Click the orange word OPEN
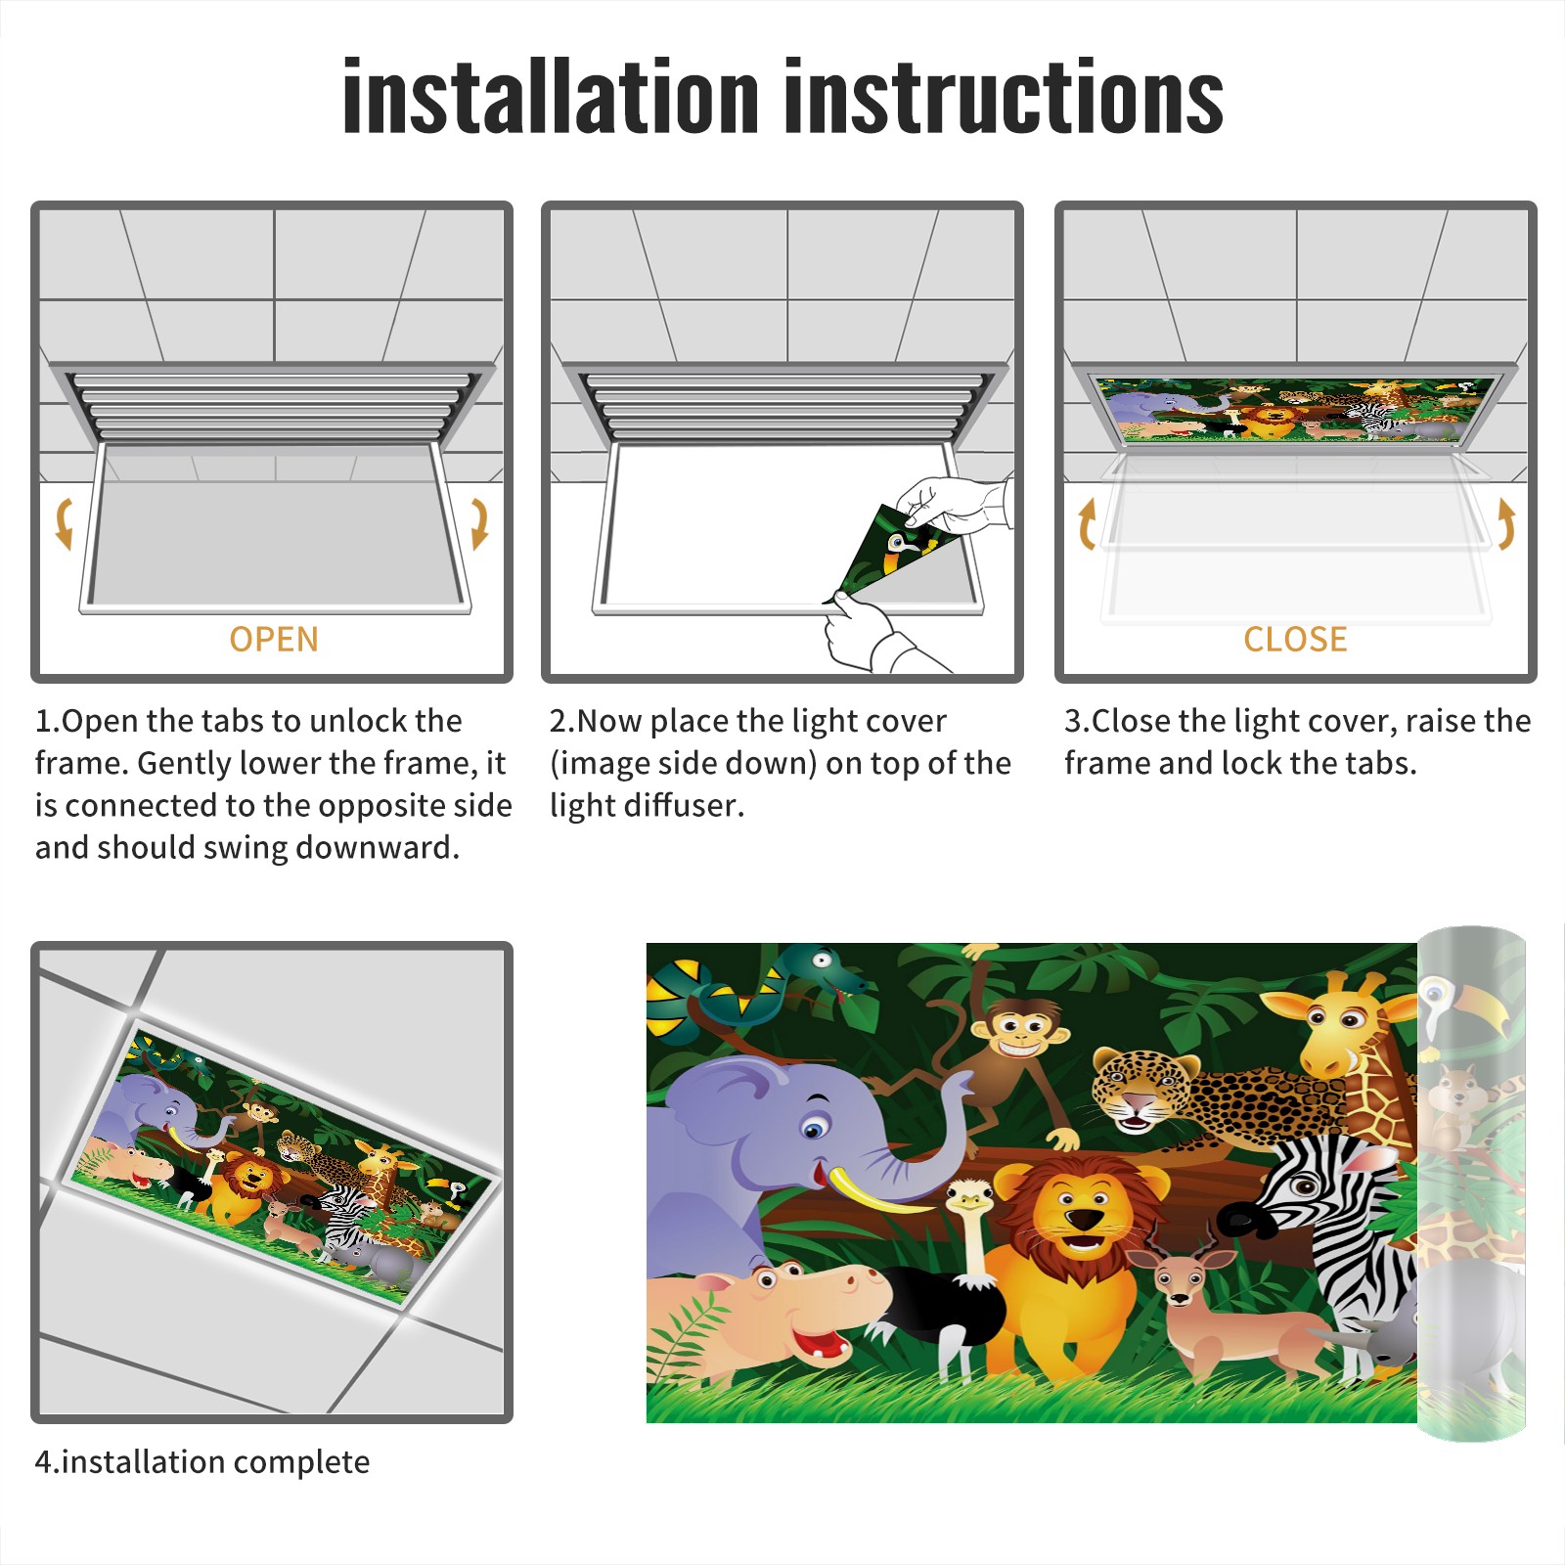[274, 640]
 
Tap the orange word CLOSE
[1295, 640]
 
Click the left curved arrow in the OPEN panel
[64, 523]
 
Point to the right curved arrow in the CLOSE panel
[1506, 523]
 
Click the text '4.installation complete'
[202, 1461]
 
